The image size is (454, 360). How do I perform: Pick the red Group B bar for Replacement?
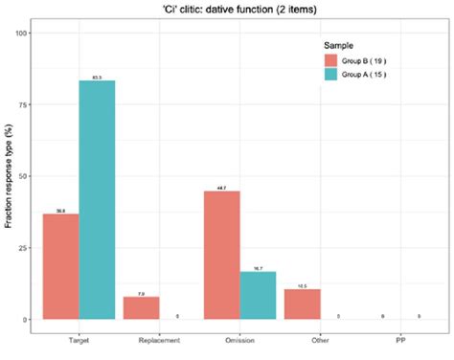click(x=142, y=307)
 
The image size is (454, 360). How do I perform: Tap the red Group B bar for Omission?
click(x=222, y=255)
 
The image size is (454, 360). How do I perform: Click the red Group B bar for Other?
click(x=303, y=304)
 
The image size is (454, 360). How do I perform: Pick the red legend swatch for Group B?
click(x=329, y=61)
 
